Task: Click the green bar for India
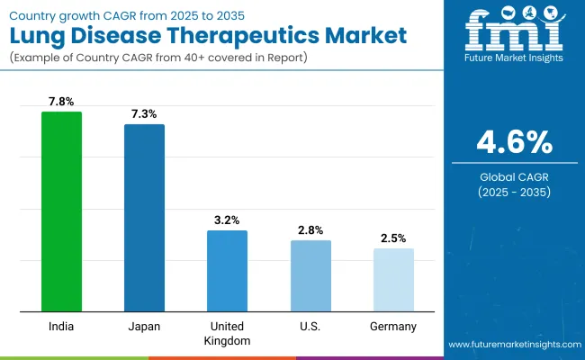pyautogui.click(x=61, y=212)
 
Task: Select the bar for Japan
pyautogui.click(x=144, y=219)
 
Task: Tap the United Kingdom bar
pyautogui.click(x=227, y=272)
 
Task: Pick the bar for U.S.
pyautogui.click(x=310, y=276)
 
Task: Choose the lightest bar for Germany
pyautogui.click(x=393, y=281)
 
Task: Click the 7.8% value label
pyautogui.click(x=61, y=102)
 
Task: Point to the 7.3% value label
pyautogui.click(x=144, y=114)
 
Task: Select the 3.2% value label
pyautogui.click(x=227, y=220)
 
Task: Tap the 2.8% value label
pyautogui.click(x=310, y=230)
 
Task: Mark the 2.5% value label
pyautogui.click(x=393, y=238)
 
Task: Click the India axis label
pyautogui.click(x=61, y=327)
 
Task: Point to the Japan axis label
pyautogui.click(x=144, y=327)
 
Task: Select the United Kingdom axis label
pyautogui.click(x=227, y=333)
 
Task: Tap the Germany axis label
pyautogui.click(x=393, y=327)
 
